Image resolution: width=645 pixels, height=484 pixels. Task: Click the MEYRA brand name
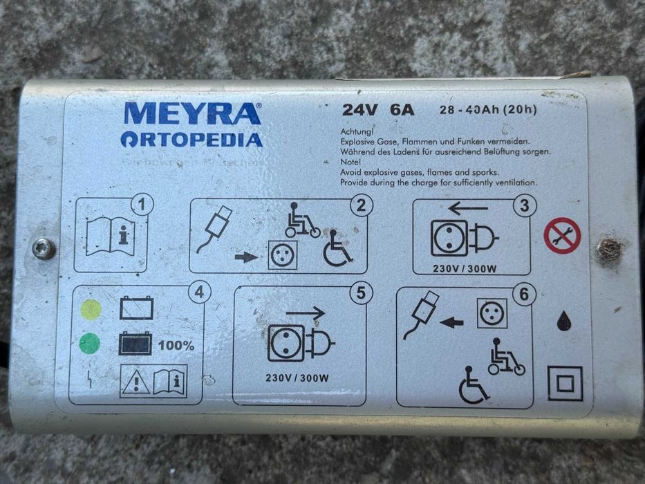[193, 113]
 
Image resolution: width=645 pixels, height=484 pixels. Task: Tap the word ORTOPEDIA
[191, 140]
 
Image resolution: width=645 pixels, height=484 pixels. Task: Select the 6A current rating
[402, 110]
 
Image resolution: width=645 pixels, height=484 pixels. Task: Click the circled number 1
[142, 205]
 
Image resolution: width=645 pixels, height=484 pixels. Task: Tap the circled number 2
[361, 205]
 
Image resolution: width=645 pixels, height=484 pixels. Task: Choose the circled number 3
[525, 205]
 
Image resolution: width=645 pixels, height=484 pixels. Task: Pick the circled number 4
[198, 292]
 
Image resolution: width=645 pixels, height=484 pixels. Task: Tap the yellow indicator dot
[91, 309]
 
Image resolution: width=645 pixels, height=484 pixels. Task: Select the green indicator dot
[90, 343]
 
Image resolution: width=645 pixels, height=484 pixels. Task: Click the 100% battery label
[176, 345]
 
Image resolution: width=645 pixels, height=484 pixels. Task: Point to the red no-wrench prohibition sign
[561, 236]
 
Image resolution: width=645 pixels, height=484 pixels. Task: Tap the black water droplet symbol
[564, 320]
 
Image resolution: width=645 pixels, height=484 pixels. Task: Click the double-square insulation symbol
[565, 383]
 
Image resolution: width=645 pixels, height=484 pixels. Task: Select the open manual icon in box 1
[111, 237]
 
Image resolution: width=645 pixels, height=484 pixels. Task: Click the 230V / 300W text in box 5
[297, 378]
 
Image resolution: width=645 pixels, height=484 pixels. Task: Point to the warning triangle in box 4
[135, 382]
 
